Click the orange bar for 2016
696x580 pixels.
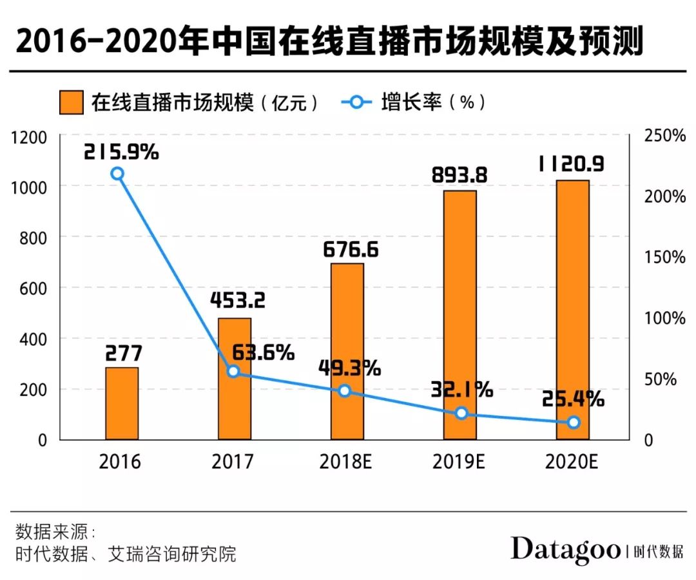click(122, 403)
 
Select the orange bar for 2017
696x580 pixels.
click(235, 379)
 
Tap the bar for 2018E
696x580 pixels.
click(347, 351)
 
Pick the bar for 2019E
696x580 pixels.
click(460, 315)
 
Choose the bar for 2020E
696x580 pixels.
click(573, 310)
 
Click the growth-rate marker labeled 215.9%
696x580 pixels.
click(117, 174)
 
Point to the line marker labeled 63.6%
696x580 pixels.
click(233, 372)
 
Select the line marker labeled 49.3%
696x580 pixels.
click(345, 391)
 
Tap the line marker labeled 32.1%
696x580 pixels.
click(461, 413)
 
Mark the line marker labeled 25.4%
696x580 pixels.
click(574, 423)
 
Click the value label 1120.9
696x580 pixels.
click(571, 165)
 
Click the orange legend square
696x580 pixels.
click(72, 103)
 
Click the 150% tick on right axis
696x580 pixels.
click(664, 257)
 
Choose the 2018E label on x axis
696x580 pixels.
click(347, 462)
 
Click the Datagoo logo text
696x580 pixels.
click(565, 550)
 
